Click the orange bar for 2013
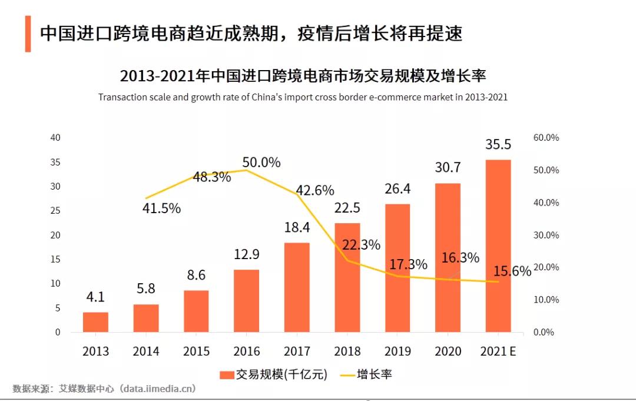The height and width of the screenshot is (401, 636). coord(95,322)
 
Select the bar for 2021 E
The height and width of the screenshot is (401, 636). coord(498,246)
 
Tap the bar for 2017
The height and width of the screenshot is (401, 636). coord(297,287)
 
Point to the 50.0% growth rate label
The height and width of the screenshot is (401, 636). coord(261,163)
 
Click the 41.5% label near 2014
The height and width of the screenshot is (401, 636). coord(161,208)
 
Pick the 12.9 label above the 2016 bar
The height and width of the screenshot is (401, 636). coord(246,255)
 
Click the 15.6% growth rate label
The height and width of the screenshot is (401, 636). coord(512,271)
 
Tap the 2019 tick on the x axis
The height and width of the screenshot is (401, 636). coord(397,352)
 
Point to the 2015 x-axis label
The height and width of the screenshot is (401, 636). coord(196,352)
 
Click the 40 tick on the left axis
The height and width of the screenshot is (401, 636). coord(55,138)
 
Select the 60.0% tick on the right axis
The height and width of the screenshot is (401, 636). coord(546,138)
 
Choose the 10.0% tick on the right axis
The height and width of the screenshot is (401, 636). coord(546,300)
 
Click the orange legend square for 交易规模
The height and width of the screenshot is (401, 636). coord(227,375)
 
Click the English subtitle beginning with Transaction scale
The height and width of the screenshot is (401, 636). coord(303,97)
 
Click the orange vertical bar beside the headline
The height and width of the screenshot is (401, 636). coord(28,34)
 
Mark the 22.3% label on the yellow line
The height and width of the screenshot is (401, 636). coord(361,245)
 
